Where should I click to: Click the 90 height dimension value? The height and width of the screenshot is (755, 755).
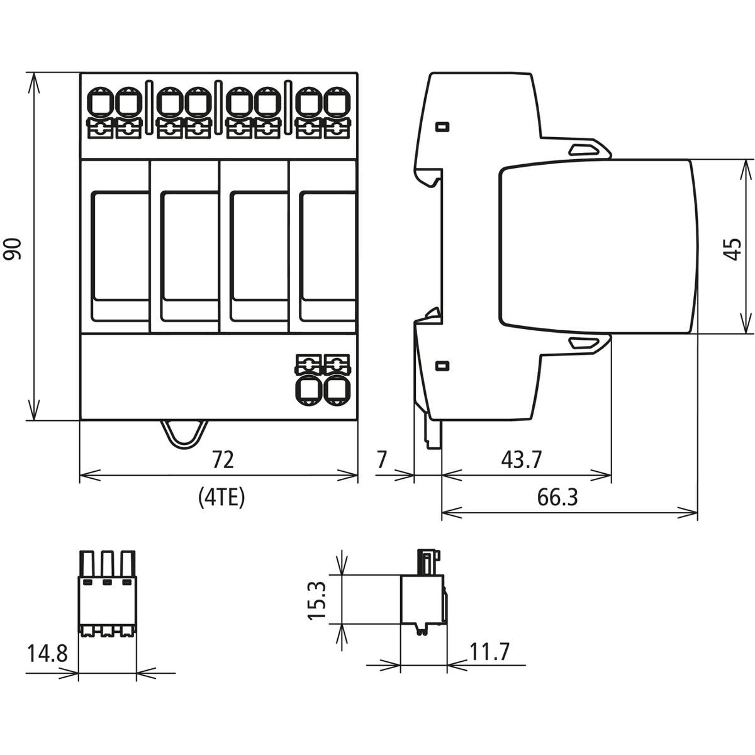(x=12, y=249)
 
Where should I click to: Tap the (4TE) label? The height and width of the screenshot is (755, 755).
(x=221, y=497)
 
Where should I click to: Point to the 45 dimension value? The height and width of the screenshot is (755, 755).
(x=732, y=249)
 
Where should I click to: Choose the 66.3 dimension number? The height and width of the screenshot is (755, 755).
(x=557, y=498)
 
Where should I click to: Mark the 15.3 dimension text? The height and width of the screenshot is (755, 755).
(x=317, y=600)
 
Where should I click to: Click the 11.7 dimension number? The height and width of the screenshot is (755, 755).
(x=489, y=652)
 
